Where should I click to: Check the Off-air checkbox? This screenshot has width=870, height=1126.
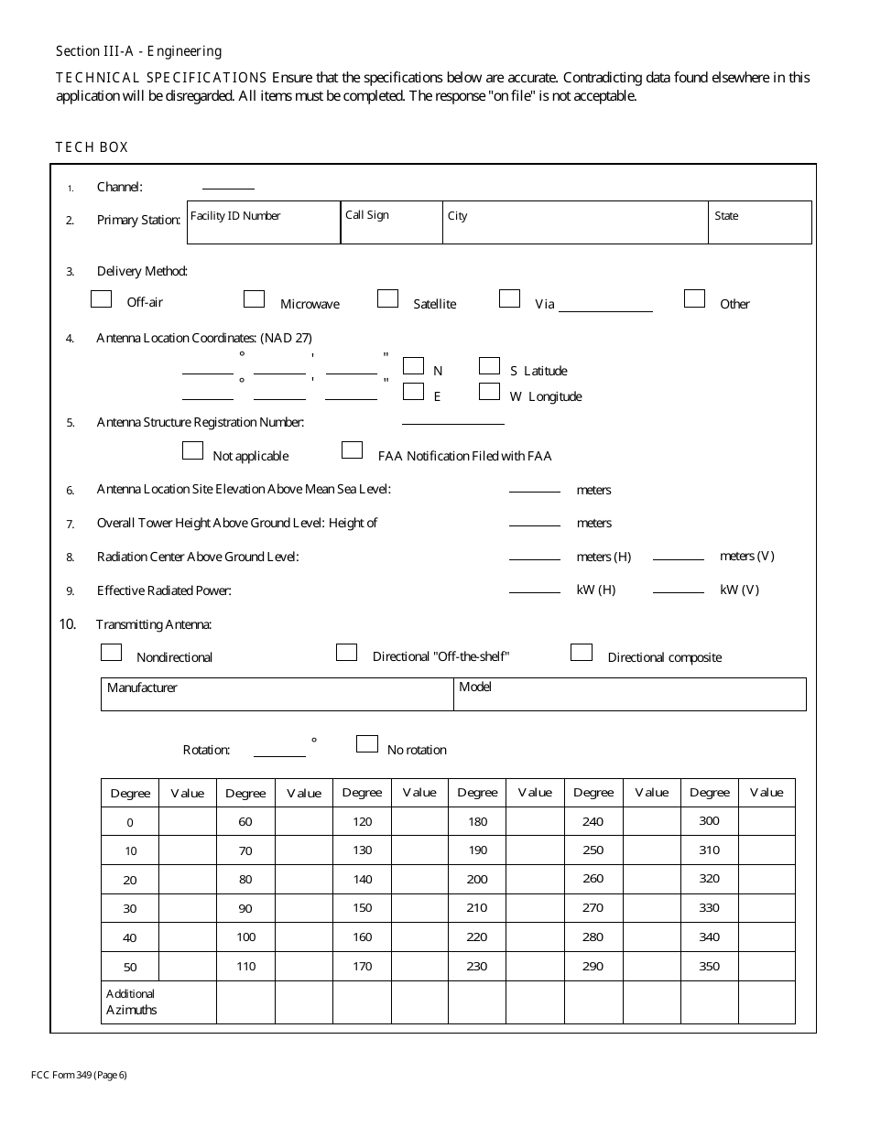[x=102, y=299]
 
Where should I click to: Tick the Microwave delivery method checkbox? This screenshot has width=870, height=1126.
[x=254, y=299]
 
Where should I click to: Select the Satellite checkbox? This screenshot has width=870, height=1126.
[x=388, y=298]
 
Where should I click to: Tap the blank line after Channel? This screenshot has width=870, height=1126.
[x=228, y=186]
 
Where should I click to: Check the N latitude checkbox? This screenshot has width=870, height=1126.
[x=413, y=366]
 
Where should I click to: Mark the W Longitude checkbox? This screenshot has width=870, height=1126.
[x=489, y=392]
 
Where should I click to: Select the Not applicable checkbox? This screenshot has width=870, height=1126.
[x=192, y=450]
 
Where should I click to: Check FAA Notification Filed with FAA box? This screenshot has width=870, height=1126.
[x=352, y=450]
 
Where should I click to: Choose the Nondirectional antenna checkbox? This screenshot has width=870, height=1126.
[x=111, y=653]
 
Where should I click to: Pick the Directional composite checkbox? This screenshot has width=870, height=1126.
[x=581, y=653]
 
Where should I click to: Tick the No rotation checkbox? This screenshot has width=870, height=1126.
[x=366, y=744]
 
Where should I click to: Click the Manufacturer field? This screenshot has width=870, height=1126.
[x=277, y=695]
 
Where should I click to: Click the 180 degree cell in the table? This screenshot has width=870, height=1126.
[x=477, y=821]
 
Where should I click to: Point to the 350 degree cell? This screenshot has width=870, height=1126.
[x=709, y=966]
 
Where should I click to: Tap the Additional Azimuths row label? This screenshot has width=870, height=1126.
[x=132, y=1002]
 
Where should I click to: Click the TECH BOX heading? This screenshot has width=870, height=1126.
[x=92, y=147]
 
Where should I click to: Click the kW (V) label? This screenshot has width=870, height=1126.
[x=739, y=590]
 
